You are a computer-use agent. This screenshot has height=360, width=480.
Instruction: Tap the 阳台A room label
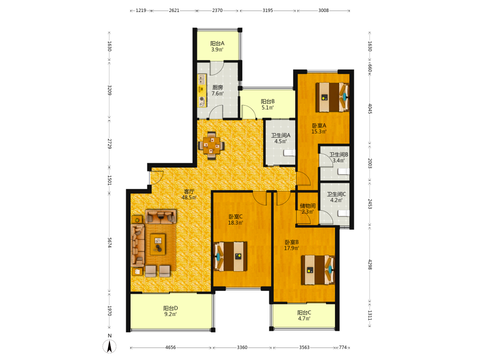tap(217, 44)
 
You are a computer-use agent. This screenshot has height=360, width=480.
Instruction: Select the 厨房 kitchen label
tap(217, 87)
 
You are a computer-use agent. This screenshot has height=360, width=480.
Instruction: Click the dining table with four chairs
tap(211, 145)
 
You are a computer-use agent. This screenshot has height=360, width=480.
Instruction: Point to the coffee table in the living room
tap(157, 244)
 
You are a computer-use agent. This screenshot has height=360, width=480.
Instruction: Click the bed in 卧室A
tap(333, 97)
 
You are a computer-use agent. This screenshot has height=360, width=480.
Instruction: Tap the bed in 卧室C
tap(230, 256)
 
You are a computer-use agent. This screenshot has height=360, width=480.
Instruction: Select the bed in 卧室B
tap(318, 270)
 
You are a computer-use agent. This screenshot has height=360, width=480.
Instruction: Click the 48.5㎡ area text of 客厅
tap(189, 198)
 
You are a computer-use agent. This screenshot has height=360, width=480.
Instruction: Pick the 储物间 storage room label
tap(308, 206)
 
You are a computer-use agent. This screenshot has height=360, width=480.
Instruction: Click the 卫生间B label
tap(338, 155)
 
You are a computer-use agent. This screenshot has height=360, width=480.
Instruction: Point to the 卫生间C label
tap(336, 194)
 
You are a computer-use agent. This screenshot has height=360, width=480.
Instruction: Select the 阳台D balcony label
tap(170, 308)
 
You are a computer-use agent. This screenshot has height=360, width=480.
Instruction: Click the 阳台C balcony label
tap(304, 312)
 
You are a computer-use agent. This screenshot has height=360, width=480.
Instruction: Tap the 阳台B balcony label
tap(267, 101)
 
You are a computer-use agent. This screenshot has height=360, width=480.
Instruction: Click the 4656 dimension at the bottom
tap(170, 348)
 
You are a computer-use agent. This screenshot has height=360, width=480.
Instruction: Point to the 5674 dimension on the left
tap(109, 242)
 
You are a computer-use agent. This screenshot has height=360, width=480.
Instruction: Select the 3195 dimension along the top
tap(267, 11)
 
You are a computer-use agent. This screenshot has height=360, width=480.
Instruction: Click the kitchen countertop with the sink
tap(202, 91)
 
